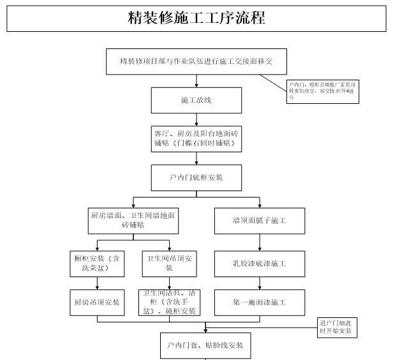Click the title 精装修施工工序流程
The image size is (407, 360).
(x=196, y=17)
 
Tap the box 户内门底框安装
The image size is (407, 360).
(x=196, y=177)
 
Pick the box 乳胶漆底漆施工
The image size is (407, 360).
(x=259, y=263)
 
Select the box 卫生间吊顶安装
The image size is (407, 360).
(x=169, y=263)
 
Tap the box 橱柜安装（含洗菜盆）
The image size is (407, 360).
(x=97, y=263)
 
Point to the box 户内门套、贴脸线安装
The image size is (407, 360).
(x=205, y=345)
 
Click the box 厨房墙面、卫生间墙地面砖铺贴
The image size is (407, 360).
(x=133, y=220)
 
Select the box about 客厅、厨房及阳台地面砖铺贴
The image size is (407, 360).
(x=196, y=139)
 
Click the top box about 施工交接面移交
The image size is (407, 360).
(x=196, y=61)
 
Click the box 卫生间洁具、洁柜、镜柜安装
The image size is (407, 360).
(x=169, y=303)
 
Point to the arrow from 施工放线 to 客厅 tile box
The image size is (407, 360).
(x=196, y=120)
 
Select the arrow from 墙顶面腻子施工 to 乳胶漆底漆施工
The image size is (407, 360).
(x=259, y=243)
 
